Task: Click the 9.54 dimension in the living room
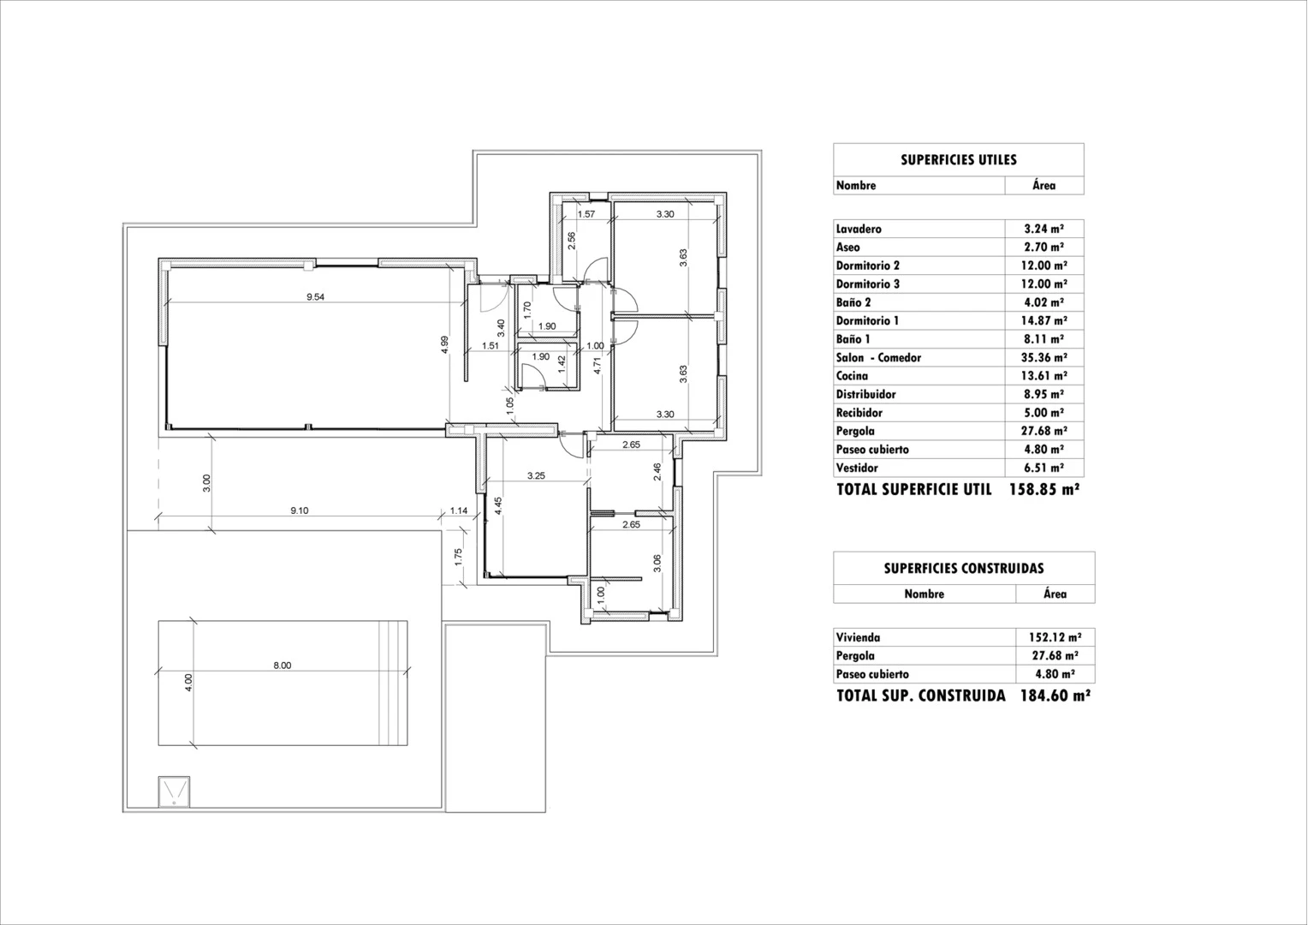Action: pos(316,297)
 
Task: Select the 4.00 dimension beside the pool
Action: pos(189,683)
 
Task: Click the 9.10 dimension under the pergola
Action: pos(299,510)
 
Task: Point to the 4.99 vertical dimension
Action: pos(444,344)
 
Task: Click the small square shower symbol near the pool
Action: pos(175,791)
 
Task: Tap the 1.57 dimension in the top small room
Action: pos(586,214)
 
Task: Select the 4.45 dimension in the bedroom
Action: pos(498,505)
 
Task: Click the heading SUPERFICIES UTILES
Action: pos(958,160)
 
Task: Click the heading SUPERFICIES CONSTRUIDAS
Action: pos(963,569)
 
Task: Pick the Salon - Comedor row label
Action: pos(878,358)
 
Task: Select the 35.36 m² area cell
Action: pos(1043,358)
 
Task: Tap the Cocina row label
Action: pos(852,376)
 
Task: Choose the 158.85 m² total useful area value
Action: pos(1044,490)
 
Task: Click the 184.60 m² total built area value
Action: pos(1055,695)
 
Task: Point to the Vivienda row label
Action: pos(858,637)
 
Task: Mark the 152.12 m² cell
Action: pos(1055,637)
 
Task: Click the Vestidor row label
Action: pos(857,468)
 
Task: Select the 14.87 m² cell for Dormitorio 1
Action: pos(1043,321)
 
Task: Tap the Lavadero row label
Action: pos(859,229)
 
